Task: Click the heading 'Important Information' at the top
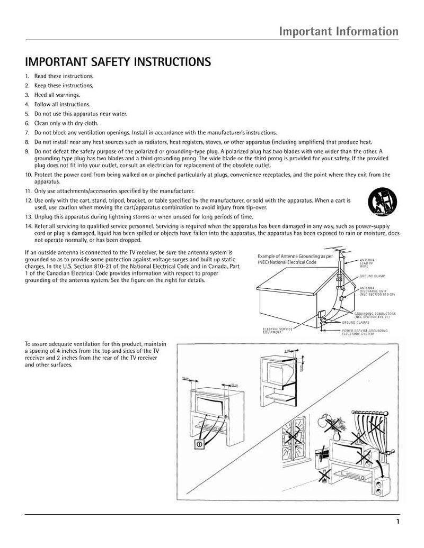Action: pos(339,31)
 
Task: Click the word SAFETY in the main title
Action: pos(104,62)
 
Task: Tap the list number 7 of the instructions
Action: pos(28,132)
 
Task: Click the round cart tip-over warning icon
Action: pos(378,202)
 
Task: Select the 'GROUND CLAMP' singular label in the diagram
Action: pos(372,276)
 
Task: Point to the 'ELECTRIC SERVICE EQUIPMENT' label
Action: pos(278,331)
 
